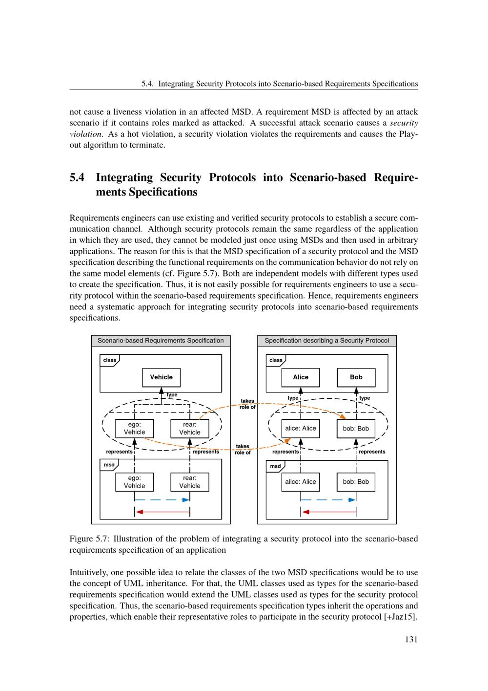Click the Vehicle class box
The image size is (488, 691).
pyautogui.click(x=161, y=377)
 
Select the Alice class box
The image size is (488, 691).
pyautogui.click(x=301, y=377)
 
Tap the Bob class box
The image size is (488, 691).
pyautogui.click(x=356, y=377)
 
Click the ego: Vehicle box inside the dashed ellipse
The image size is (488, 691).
pyautogui.click(x=134, y=429)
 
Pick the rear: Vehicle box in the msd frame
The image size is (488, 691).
pyautogui.click(x=190, y=482)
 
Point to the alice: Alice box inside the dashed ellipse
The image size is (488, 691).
pyautogui.click(x=301, y=429)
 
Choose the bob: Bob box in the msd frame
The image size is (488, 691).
pyautogui.click(x=356, y=482)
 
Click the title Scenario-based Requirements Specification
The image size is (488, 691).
pyautogui.click(x=161, y=341)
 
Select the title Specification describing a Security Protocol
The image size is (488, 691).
pyautogui.click(x=327, y=341)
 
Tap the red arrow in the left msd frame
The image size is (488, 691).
pyautogui.click(x=162, y=512)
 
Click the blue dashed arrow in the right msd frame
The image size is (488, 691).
pyautogui.click(x=328, y=500)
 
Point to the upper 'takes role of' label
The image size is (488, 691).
pyautogui.click(x=247, y=404)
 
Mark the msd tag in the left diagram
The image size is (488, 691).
pyautogui.click(x=109, y=465)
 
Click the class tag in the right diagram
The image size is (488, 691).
pyautogui.click(x=276, y=360)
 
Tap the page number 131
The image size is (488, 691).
pyautogui.click(x=411, y=639)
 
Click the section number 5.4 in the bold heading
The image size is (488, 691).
pyautogui.click(x=77, y=177)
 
